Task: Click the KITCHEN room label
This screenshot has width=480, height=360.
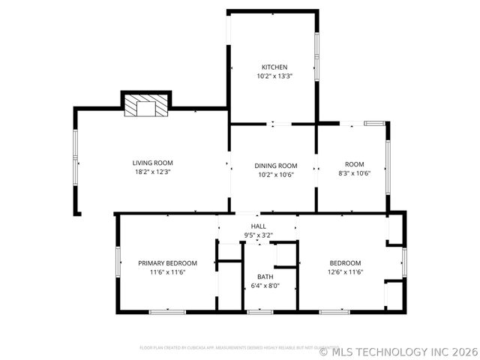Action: (274, 67)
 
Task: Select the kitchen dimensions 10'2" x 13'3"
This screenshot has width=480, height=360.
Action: (274, 76)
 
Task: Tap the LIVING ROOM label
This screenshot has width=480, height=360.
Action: (153, 163)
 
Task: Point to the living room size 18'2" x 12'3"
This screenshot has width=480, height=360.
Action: (153, 172)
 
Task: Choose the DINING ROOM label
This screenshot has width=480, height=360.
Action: (275, 166)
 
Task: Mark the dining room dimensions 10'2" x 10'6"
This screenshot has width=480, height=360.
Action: (275, 175)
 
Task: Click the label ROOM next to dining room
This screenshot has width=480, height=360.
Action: (354, 164)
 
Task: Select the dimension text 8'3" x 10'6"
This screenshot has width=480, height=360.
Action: (354, 173)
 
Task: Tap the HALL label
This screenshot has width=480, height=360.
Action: (258, 226)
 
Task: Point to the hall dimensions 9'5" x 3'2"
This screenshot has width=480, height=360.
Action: (258, 235)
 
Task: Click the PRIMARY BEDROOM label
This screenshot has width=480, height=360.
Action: (167, 263)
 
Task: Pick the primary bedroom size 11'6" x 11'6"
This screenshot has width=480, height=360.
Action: (167, 272)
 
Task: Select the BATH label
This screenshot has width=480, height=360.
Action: (265, 277)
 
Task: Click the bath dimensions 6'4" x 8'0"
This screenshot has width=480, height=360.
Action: (265, 286)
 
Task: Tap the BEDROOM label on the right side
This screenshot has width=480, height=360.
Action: (346, 263)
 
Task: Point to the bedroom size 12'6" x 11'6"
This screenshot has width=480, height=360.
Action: (346, 272)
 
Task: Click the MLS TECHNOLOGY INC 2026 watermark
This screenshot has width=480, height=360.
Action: (397, 350)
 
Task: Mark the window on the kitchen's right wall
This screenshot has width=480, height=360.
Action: (316, 57)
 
